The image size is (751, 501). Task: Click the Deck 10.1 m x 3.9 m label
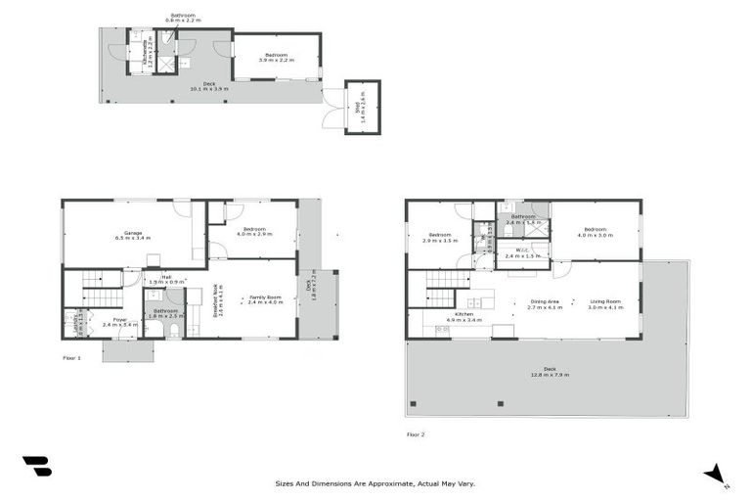click(x=208, y=87)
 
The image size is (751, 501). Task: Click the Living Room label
click(x=605, y=304)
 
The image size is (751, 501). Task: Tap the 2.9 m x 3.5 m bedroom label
click(x=439, y=238)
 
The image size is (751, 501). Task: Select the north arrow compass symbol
click(x=715, y=474)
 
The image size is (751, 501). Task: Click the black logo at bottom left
click(x=37, y=467)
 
